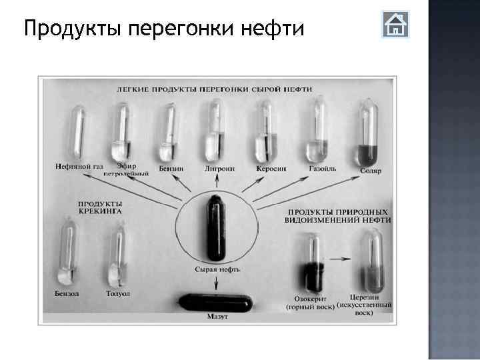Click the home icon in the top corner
(x=395, y=25)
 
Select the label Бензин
(x=171, y=169)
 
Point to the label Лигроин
(x=219, y=169)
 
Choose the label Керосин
(x=271, y=169)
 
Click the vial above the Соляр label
(x=368, y=133)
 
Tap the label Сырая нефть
(x=217, y=269)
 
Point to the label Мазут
(x=217, y=317)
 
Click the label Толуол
(x=118, y=293)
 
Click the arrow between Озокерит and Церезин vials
(x=341, y=257)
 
